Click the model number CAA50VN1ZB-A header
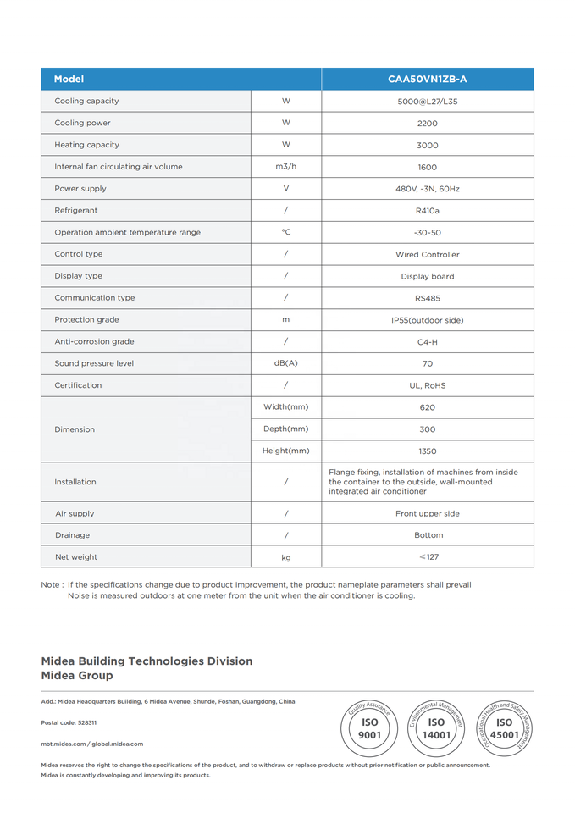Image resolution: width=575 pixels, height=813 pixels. [427, 79]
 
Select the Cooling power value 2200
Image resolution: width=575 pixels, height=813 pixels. [427, 123]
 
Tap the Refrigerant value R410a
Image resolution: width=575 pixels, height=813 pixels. [427, 211]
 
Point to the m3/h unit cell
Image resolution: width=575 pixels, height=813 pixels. [285, 167]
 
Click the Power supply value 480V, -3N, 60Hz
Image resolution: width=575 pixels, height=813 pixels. [427, 189]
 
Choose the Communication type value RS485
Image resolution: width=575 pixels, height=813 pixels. [427, 298]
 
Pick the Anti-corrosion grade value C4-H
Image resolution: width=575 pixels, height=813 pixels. [427, 342]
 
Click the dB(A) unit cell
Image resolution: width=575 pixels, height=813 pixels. [285, 363]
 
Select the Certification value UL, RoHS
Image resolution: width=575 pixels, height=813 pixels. [427, 385]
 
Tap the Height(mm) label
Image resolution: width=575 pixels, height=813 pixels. [285, 451]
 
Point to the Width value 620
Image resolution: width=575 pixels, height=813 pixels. [427, 407]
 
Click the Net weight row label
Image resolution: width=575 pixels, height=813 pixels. [76, 557]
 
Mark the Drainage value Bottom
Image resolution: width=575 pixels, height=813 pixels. [427, 535]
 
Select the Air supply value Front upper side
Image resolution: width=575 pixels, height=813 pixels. [427, 514]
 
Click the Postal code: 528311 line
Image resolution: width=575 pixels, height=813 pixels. [69, 722]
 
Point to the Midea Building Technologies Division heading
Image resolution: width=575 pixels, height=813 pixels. [147, 661]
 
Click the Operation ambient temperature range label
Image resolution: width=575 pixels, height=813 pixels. [127, 232]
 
